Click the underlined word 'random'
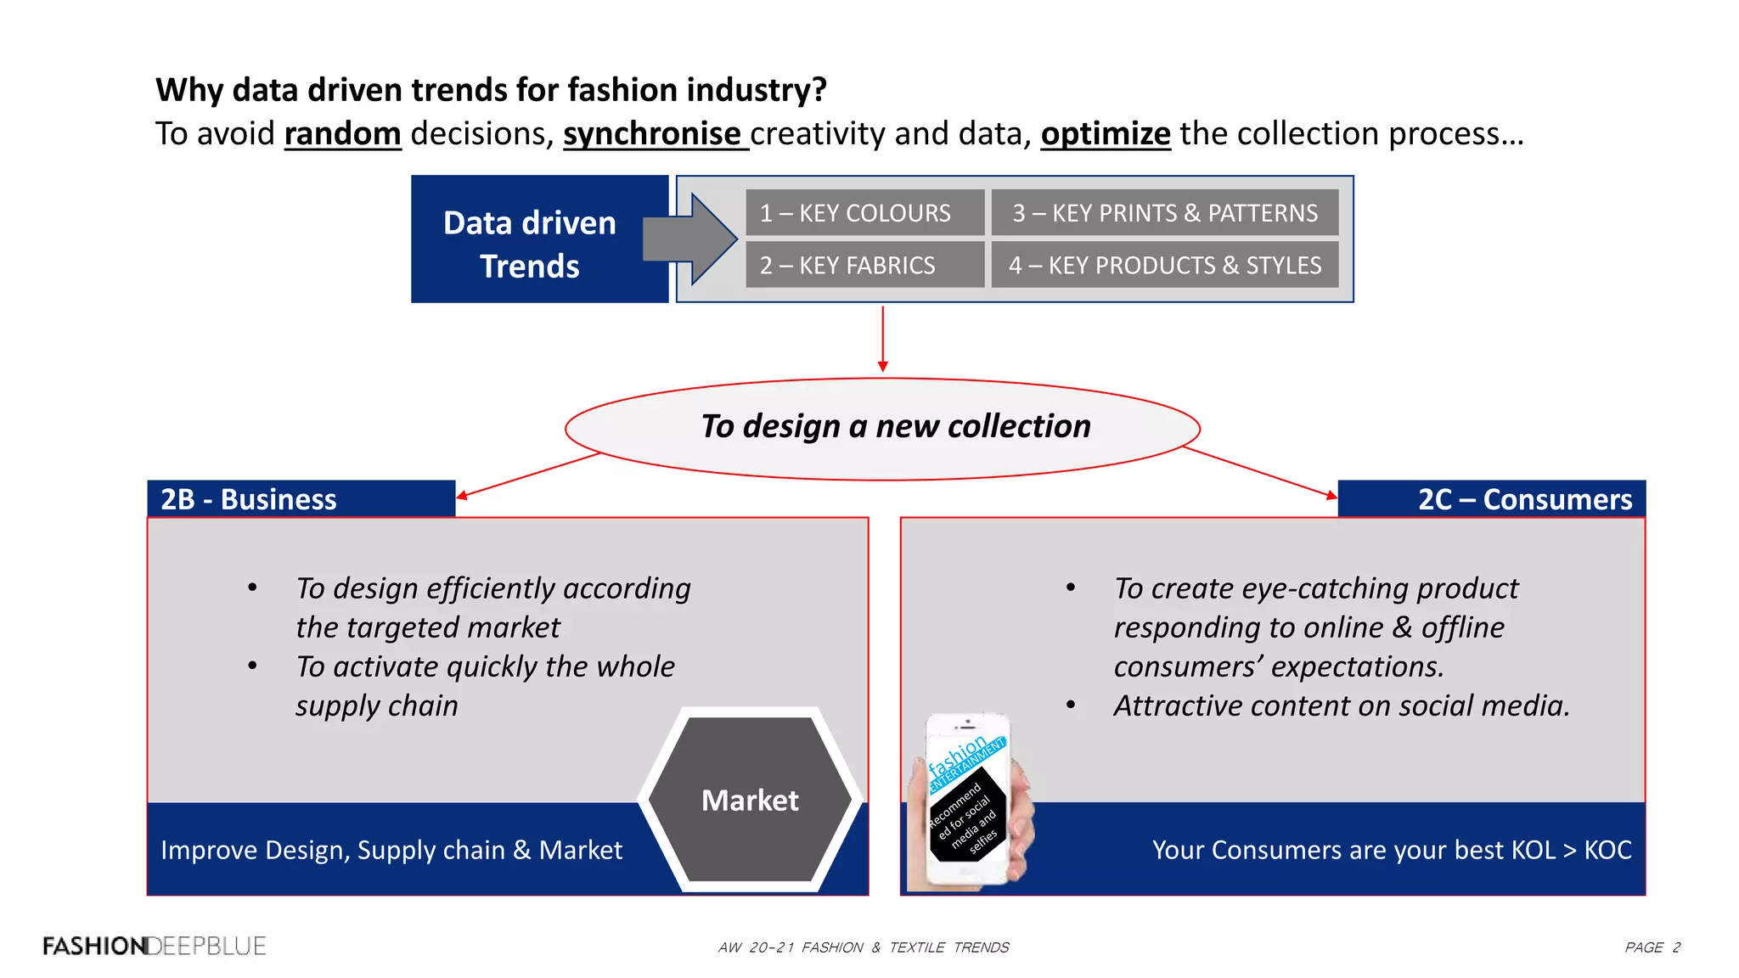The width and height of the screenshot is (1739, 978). coord(342,134)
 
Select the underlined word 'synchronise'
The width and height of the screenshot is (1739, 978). coord(652,134)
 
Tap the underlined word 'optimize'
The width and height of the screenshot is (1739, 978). coord(1106,134)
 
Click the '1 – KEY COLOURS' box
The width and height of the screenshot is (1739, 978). coord(864,213)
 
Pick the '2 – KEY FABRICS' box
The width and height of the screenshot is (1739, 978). coord(864,265)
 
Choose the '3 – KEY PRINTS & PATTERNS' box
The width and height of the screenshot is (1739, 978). coord(1164,213)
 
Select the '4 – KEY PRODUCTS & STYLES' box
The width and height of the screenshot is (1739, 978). coord(1164,265)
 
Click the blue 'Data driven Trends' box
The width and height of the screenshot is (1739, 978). coord(530,244)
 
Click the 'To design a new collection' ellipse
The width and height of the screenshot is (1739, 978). coord(882,427)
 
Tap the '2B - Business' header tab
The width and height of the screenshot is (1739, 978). coord(301,499)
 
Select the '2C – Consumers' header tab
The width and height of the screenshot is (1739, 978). coord(1492,499)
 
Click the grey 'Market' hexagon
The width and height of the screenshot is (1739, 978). coord(750,800)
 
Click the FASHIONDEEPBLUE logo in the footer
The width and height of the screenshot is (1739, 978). coord(155,946)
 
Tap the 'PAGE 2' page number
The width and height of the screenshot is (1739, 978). coord(1652,947)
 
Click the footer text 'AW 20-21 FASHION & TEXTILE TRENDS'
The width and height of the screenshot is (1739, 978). coord(864,947)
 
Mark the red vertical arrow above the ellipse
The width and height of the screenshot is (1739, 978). coord(883,339)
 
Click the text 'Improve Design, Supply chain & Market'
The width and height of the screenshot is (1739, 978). coord(391,850)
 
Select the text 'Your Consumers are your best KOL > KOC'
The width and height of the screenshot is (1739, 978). coord(1392,850)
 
